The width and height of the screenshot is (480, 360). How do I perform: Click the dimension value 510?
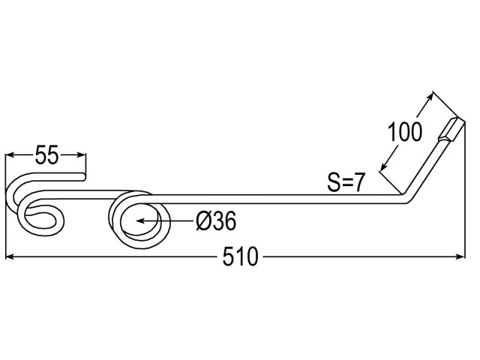(240, 256)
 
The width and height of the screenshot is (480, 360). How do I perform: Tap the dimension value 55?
(46, 155)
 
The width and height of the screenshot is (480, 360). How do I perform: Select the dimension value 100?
(405, 132)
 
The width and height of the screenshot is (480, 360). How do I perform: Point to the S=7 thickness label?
(346, 182)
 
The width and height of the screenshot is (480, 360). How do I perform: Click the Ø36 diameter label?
(216, 221)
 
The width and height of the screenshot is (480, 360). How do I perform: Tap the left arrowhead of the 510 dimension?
(10, 256)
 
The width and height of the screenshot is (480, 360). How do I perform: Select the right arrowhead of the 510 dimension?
(460, 256)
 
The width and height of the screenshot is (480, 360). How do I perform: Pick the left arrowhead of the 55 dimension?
(10, 155)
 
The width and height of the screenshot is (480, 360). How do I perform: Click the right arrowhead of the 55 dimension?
(82, 155)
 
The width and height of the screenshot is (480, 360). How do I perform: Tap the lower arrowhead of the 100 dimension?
(383, 166)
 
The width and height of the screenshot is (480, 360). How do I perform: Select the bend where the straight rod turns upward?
(406, 198)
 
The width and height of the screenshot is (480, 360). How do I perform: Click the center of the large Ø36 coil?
(141, 220)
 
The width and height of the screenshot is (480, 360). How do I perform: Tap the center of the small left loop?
(40, 217)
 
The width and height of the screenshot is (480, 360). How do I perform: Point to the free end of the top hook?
(84, 177)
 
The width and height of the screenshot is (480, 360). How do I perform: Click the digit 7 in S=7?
(358, 182)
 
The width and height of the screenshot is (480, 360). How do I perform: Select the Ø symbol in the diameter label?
(203, 221)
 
